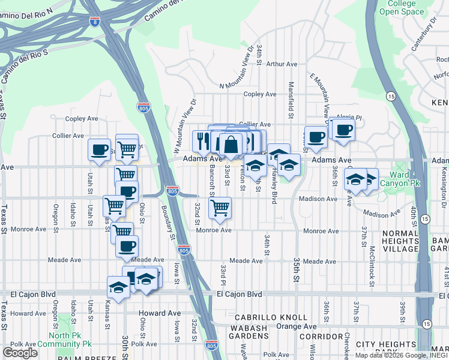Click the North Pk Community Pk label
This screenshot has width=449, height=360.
click(x=64, y=339)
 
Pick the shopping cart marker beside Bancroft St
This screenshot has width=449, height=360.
click(x=220, y=208)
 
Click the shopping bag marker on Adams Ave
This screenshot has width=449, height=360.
click(x=231, y=144)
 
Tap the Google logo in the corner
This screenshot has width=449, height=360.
click(x=20, y=352)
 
